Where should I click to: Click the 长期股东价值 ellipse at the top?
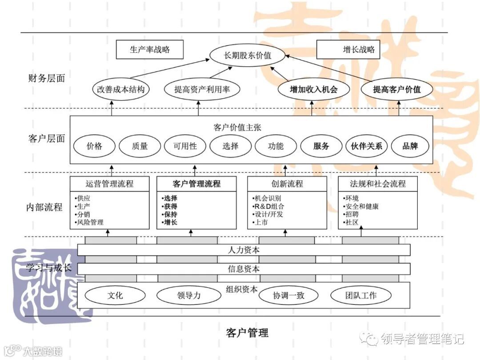[x=247, y=56]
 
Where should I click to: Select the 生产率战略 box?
[x=149, y=50]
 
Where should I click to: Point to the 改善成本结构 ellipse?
[x=121, y=89]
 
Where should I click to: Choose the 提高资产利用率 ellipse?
[x=202, y=89]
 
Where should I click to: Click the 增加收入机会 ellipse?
[x=313, y=89]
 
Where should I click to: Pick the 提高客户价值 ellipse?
[x=397, y=89]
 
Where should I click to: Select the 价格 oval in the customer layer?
[x=94, y=146]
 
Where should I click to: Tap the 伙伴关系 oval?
[x=367, y=146]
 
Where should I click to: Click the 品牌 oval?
[x=410, y=146]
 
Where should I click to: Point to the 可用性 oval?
[x=185, y=146]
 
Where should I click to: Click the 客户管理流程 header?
[x=196, y=184]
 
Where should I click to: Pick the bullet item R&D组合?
[x=268, y=206]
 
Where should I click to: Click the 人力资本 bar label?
[x=244, y=250]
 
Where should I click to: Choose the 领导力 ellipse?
[x=188, y=295]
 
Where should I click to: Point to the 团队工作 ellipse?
[x=361, y=295]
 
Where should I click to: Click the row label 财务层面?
[x=46, y=79]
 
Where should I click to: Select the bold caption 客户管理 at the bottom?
[x=247, y=332]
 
